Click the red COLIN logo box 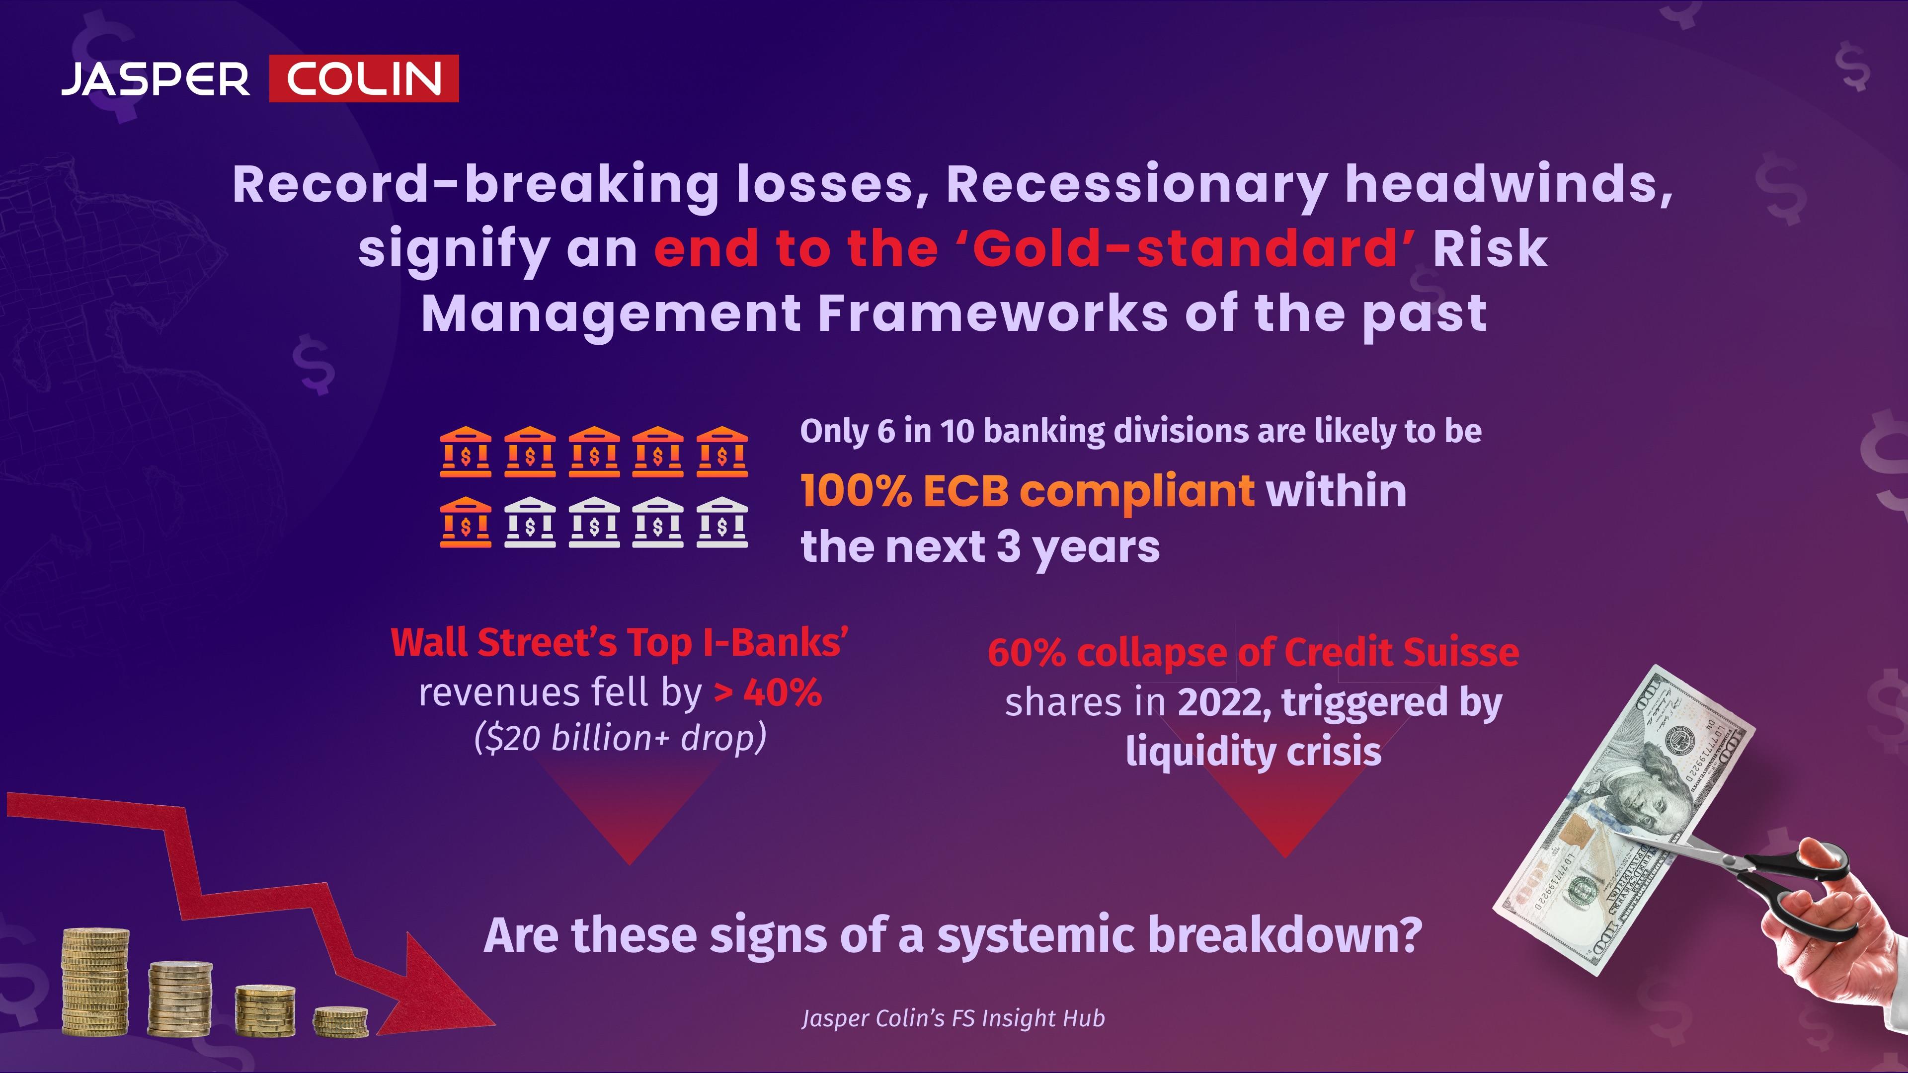pos(364,78)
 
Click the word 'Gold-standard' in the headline pos(1185,249)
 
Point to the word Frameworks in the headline pos(993,313)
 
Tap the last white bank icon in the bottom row pos(722,522)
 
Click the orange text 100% pos(856,491)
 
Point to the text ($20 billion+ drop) pos(620,738)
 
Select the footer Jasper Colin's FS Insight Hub pos(954,1019)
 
